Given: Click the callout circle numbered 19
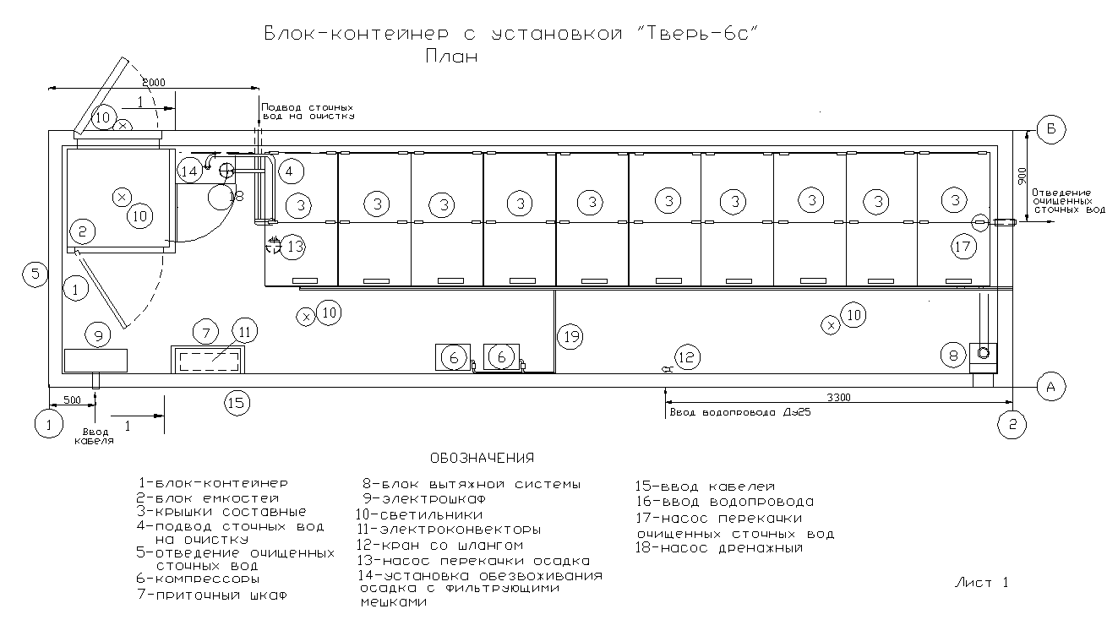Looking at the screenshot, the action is (x=570, y=337).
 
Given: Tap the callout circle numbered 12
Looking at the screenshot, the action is (x=687, y=357).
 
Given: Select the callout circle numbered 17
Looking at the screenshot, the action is (x=963, y=247).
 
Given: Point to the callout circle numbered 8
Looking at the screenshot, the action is (x=953, y=356).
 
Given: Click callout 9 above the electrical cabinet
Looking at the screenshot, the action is (x=98, y=335).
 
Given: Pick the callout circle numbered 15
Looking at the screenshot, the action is (x=237, y=403).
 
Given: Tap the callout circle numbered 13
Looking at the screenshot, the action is (x=293, y=247).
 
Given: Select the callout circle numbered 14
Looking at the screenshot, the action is (x=189, y=171).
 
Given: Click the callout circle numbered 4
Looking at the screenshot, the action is (x=291, y=172).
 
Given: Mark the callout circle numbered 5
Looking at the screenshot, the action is (x=35, y=274).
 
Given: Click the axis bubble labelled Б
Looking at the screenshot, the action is (x=1051, y=130).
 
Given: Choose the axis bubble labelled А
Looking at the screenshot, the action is (x=1051, y=387).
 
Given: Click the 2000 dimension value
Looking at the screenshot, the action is (x=154, y=82).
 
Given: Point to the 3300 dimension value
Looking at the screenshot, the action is (x=838, y=397).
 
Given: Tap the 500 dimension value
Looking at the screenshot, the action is (x=73, y=400).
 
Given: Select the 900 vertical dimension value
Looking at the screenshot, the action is (x=1023, y=175).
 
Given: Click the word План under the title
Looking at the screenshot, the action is (x=452, y=57).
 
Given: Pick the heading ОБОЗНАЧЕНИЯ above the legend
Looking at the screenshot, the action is (x=483, y=458).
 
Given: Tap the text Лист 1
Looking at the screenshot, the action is (x=982, y=582).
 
